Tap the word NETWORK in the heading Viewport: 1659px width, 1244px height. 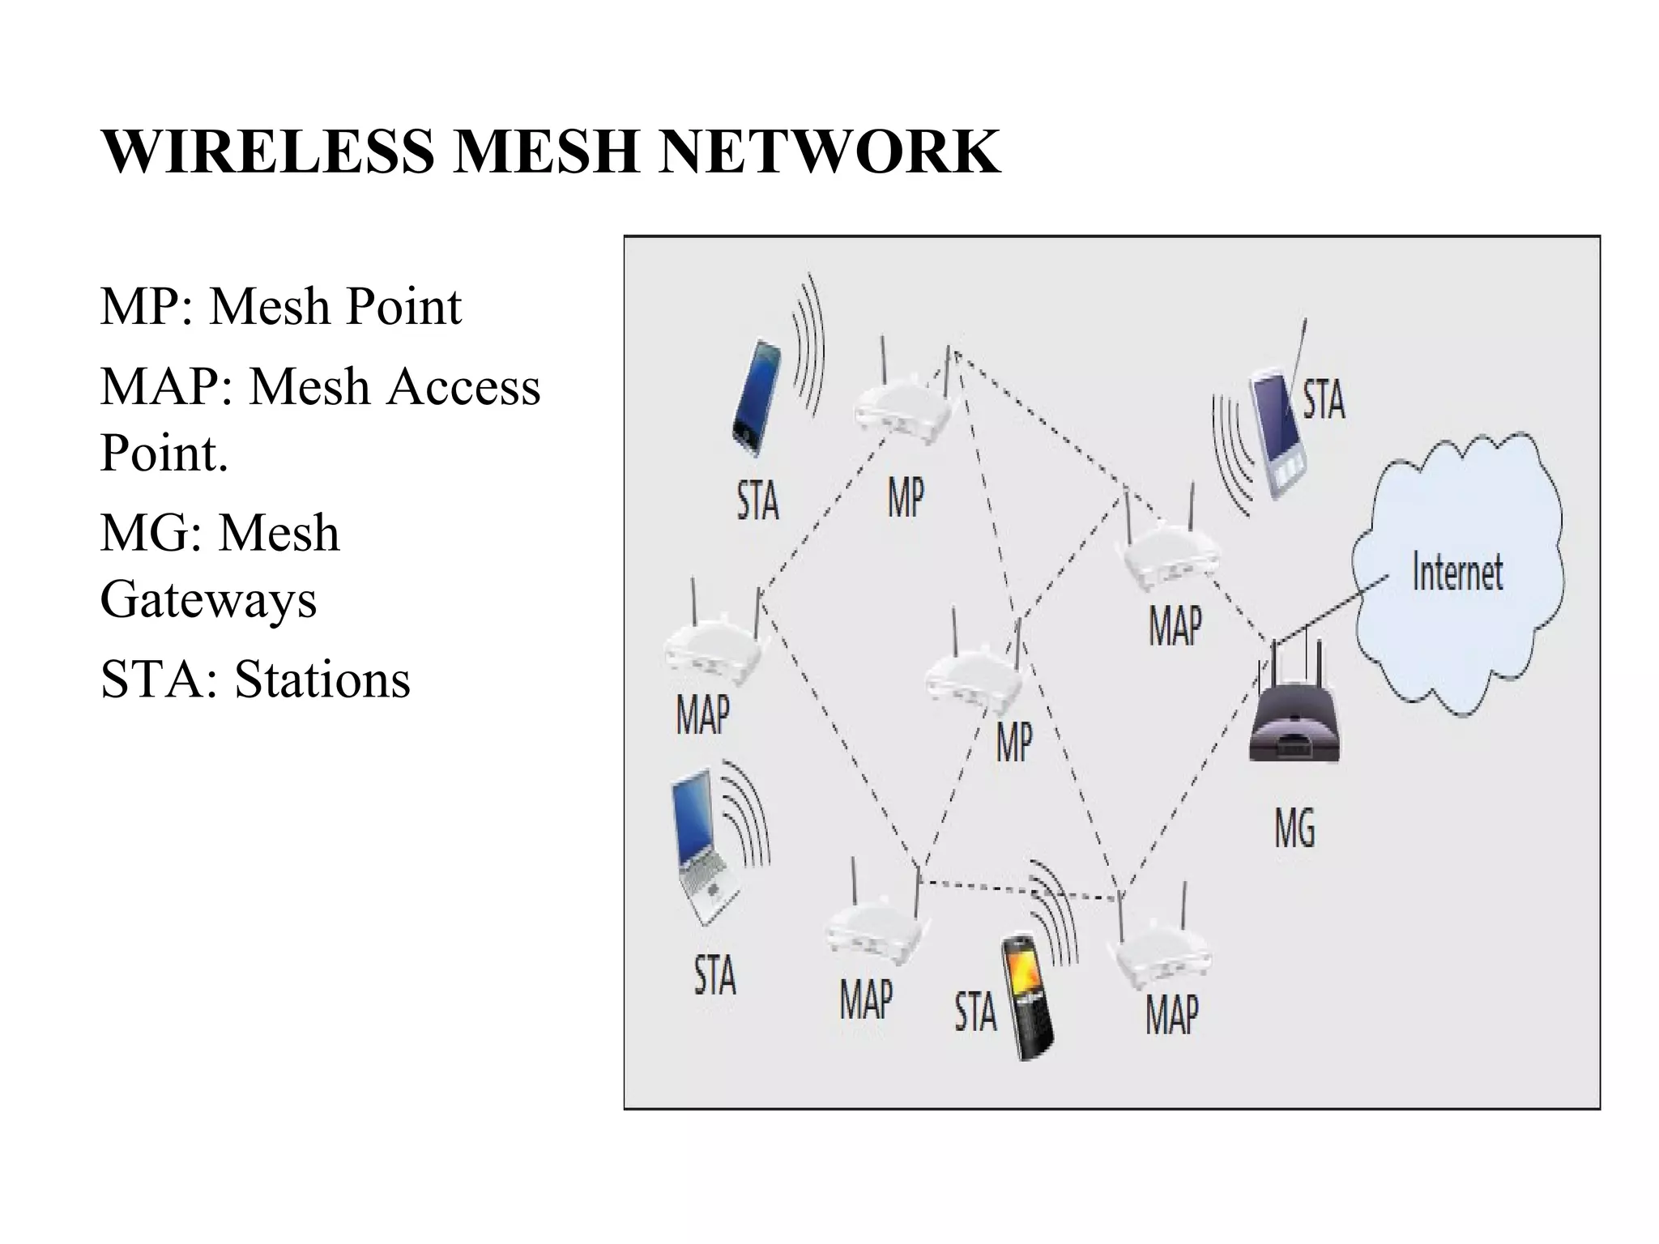(829, 151)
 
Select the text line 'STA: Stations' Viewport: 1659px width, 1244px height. (255, 679)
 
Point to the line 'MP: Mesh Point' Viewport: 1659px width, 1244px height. (280, 306)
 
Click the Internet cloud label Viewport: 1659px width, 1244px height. (1456, 572)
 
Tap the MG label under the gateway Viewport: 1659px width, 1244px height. (1294, 828)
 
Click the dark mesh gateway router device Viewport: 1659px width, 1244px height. (1294, 721)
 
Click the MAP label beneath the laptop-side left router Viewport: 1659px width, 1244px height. (702, 714)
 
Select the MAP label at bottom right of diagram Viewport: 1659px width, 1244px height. (1171, 1014)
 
